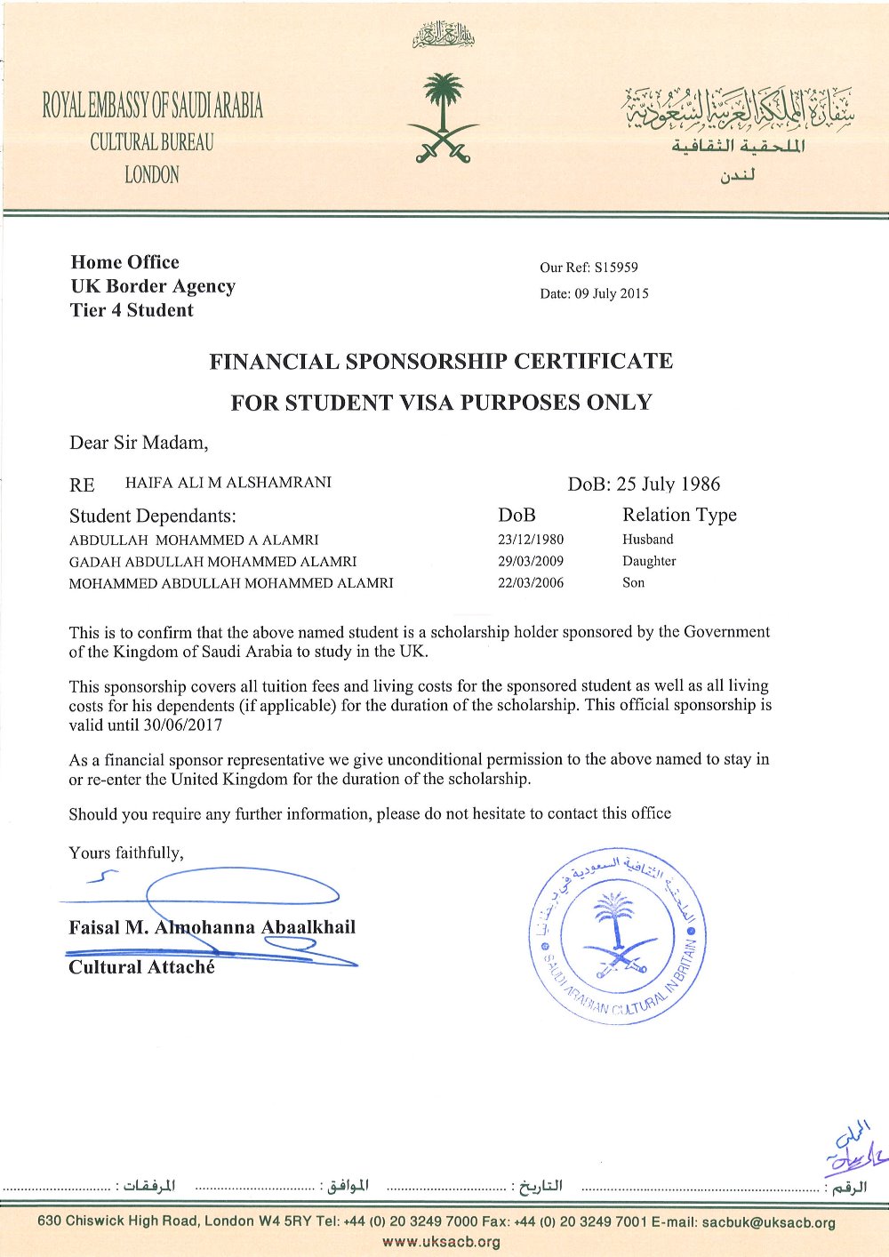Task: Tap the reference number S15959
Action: coord(616,267)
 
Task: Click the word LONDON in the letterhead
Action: coord(151,174)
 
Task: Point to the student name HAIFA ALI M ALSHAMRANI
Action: coord(228,483)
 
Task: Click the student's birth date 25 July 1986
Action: coord(668,484)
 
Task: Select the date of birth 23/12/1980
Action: coord(531,540)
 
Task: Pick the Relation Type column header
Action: coord(679,515)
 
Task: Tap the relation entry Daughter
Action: coord(649,561)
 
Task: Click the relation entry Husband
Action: coord(648,540)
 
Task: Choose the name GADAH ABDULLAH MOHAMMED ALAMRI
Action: coord(212,562)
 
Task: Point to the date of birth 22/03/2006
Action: coord(531,583)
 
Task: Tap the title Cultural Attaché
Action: coord(141,967)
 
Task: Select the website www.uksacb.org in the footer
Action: coord(442,1242)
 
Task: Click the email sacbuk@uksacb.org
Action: coord(768,1222)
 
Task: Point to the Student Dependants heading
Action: coord(153,516)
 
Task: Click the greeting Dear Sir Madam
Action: coord(139,442)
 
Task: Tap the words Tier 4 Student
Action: coord(132,310)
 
